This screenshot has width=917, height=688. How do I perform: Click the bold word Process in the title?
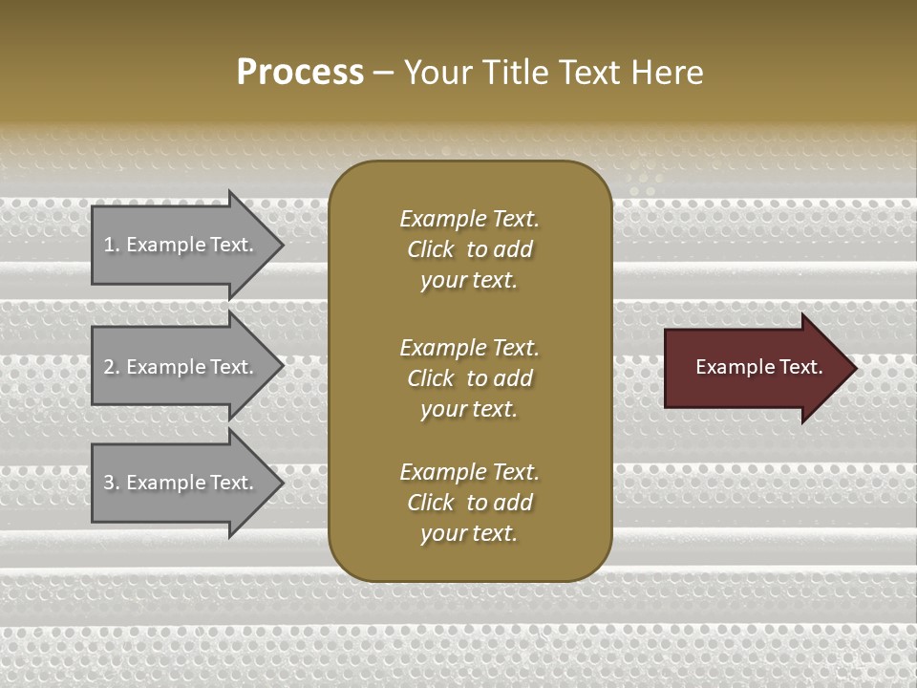pos(300,73)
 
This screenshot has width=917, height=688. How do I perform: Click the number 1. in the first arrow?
pos(111,245)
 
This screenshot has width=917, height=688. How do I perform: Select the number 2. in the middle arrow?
pos(111,367)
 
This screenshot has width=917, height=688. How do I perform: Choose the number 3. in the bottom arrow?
pos(111,483)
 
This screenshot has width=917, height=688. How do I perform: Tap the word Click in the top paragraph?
pos(431,249)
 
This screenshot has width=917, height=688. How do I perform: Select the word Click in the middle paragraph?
pos(431,378)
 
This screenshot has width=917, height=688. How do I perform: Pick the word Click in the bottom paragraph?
pos(431,503)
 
